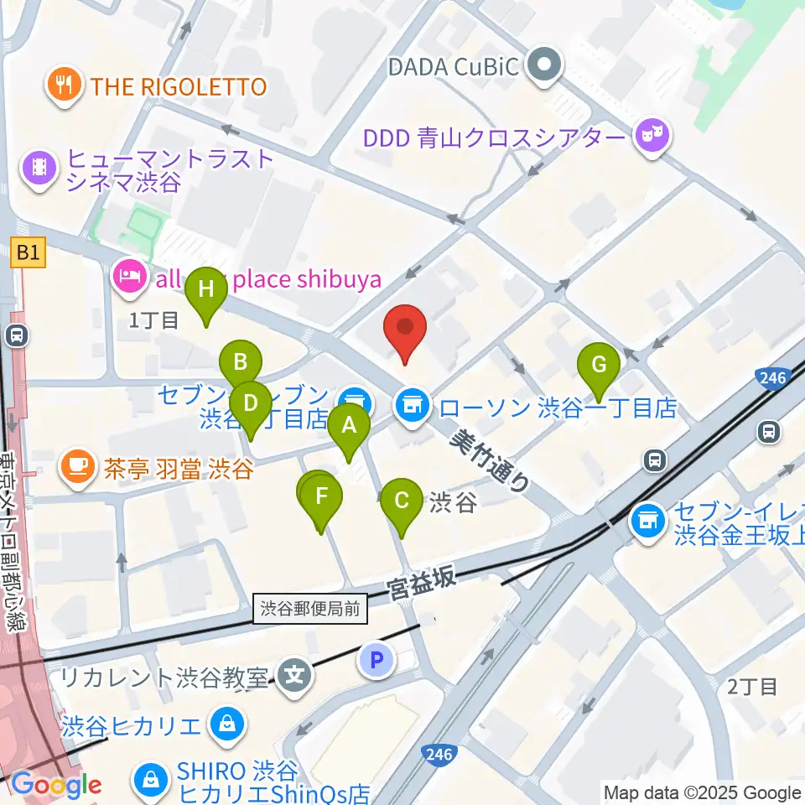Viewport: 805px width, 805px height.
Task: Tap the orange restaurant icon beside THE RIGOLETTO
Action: pos(63,86)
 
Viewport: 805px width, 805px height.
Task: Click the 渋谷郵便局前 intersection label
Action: pos(311,609)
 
